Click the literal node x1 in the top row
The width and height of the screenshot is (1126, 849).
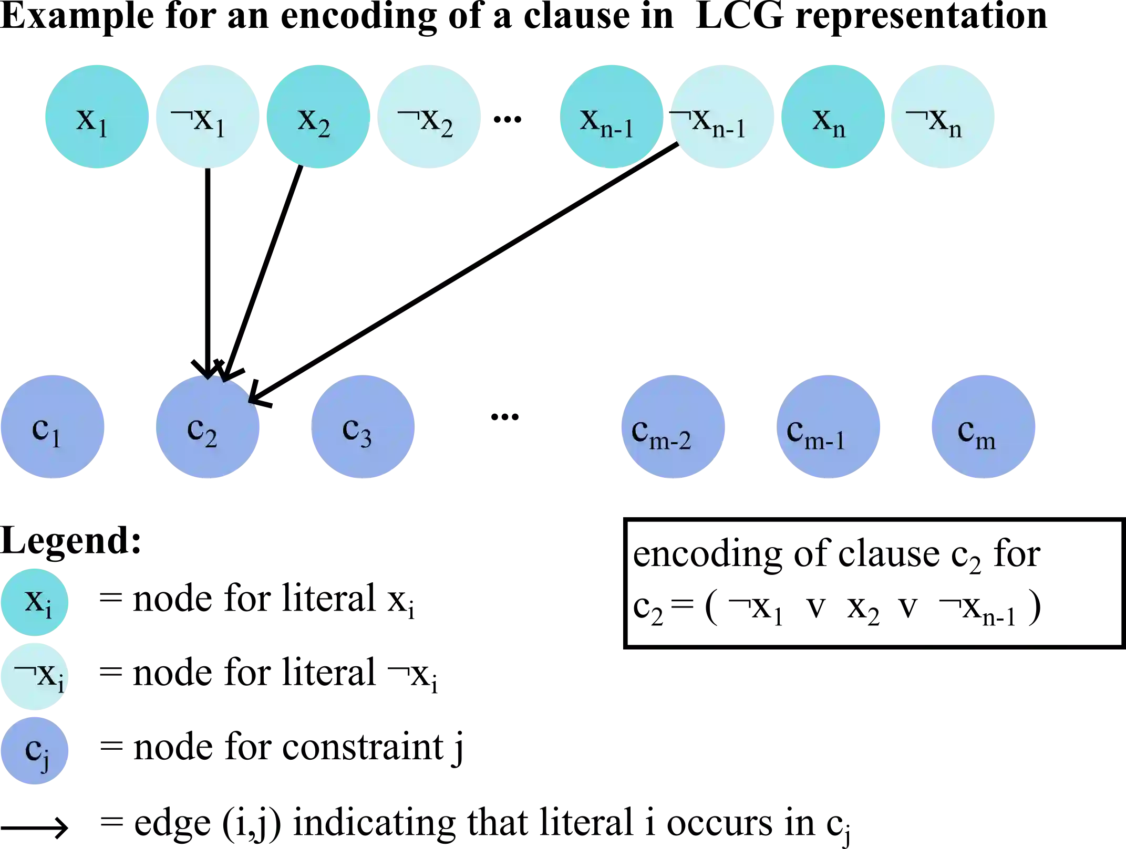click(x=96, y=117)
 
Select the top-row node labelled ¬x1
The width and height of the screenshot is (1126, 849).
click(x=207, y=117)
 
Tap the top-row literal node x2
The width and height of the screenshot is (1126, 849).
click(x=317, y=117)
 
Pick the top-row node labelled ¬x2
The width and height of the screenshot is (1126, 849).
click(x=429, y=117)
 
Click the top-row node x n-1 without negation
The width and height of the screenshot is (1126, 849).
click(x=611, y=117)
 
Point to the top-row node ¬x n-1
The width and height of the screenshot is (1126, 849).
click(x=722, y=117)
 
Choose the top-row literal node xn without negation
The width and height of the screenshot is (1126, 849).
click(x=833, y=117)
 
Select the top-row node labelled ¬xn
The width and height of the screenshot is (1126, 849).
click(x=943, y=117)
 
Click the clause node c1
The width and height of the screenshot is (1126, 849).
click(x=52, y=426)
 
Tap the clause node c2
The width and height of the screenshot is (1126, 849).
click(x=208, y=426)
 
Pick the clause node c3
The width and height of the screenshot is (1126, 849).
click(x=363, y=426)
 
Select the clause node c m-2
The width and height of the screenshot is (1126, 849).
click(x=673, y=426)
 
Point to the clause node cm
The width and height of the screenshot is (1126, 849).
click(x=983, y=426)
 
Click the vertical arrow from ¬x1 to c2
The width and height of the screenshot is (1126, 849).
click(x=208, y=263)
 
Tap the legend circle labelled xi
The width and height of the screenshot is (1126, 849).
click(x=35, y=602)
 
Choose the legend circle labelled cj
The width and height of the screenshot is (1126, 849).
click(x=35, y=750)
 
